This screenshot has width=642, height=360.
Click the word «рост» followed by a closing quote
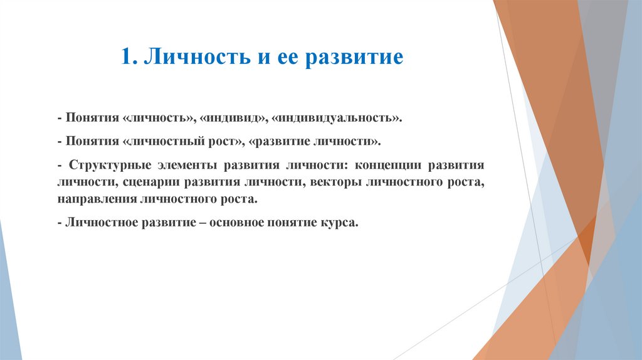(228, 142)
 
